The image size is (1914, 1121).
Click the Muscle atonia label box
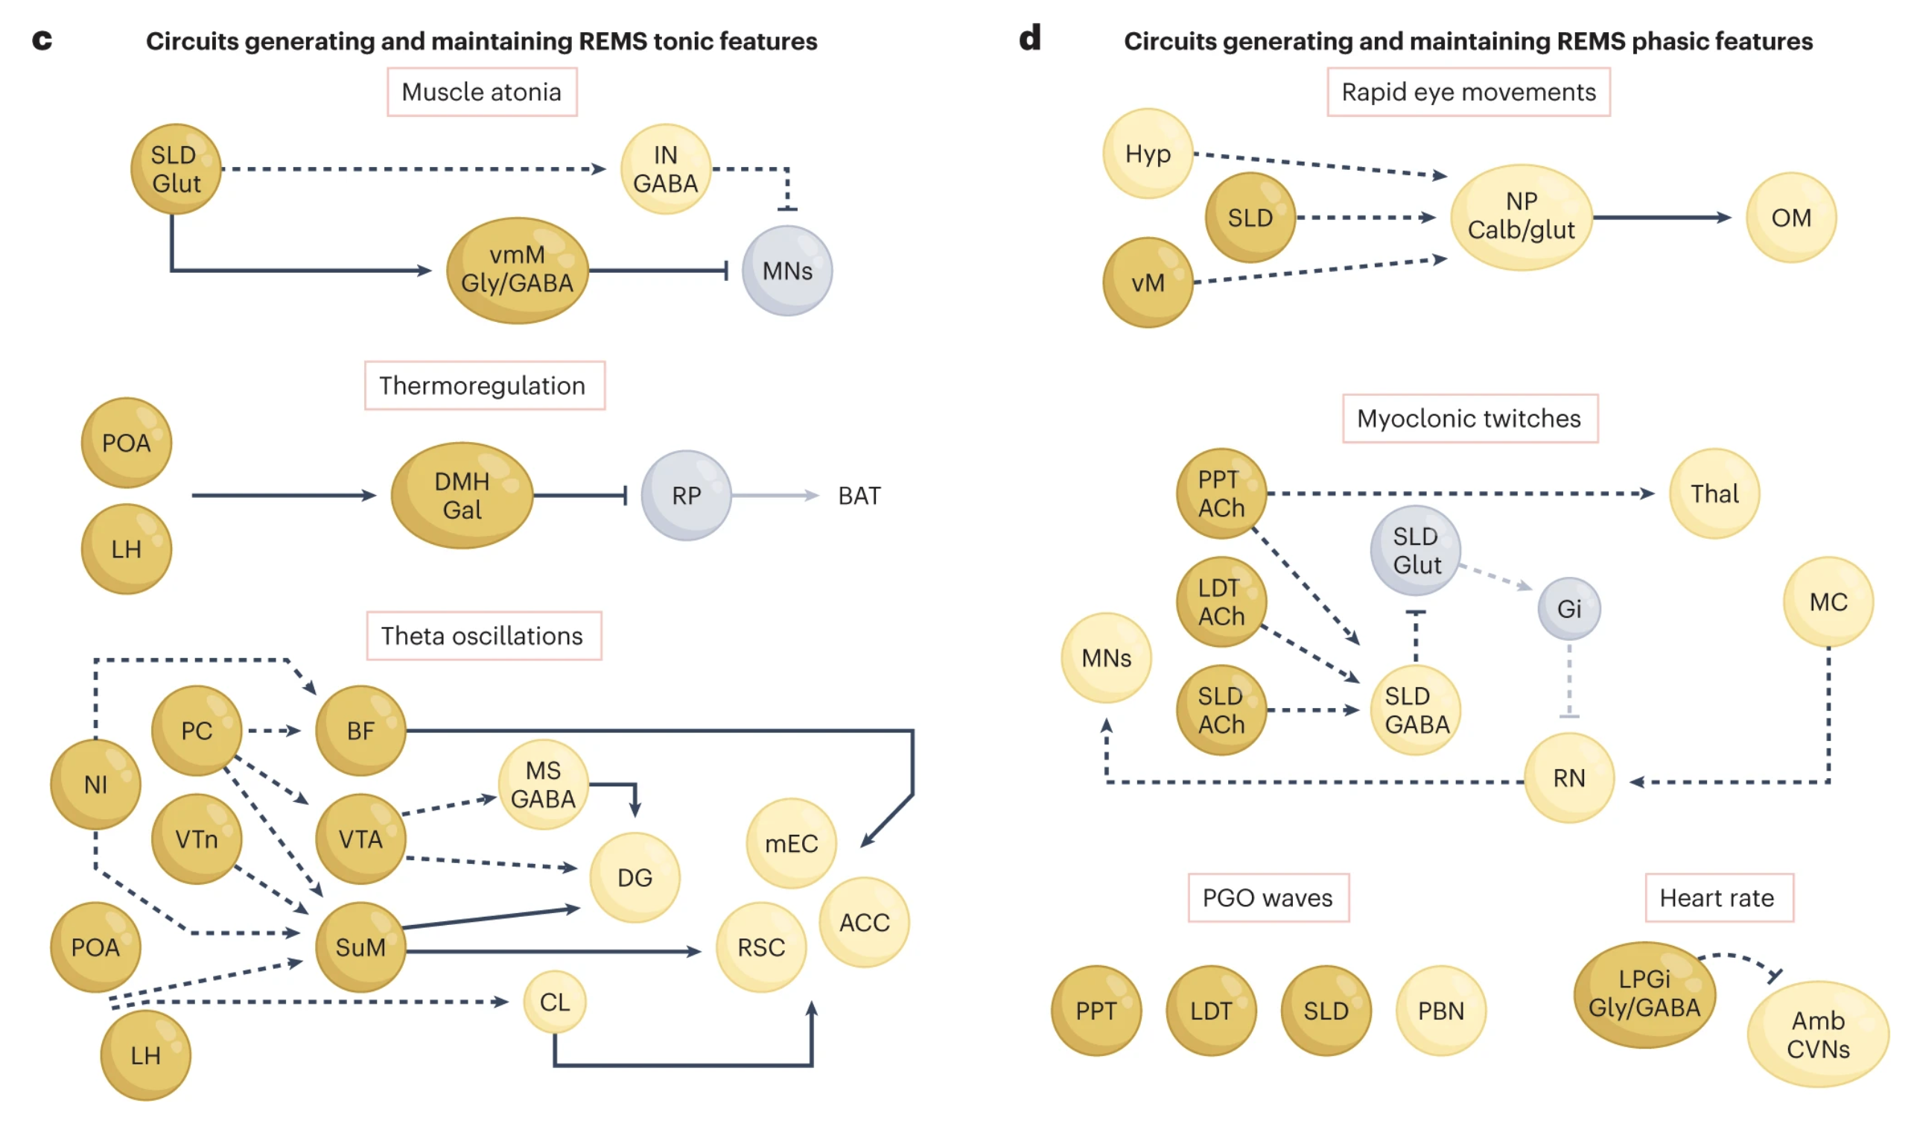482,92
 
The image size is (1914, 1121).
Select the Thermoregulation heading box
484,385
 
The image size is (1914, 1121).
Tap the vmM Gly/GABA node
518,270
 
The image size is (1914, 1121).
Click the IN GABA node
665,168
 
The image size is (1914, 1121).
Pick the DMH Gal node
462,495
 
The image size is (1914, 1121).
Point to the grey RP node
686,496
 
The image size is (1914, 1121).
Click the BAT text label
859,496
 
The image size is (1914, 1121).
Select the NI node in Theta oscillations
95,783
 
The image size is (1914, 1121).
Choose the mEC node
791,843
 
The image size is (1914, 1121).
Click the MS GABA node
543,784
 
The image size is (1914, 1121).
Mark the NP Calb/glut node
1521,217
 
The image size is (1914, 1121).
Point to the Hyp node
1148,154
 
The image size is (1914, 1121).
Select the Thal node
1714,493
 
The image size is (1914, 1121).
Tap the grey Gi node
1568,608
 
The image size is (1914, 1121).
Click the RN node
1568,777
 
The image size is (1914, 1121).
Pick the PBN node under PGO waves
1440,1010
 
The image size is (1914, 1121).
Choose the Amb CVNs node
1817,1034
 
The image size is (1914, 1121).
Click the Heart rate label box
1718,897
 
